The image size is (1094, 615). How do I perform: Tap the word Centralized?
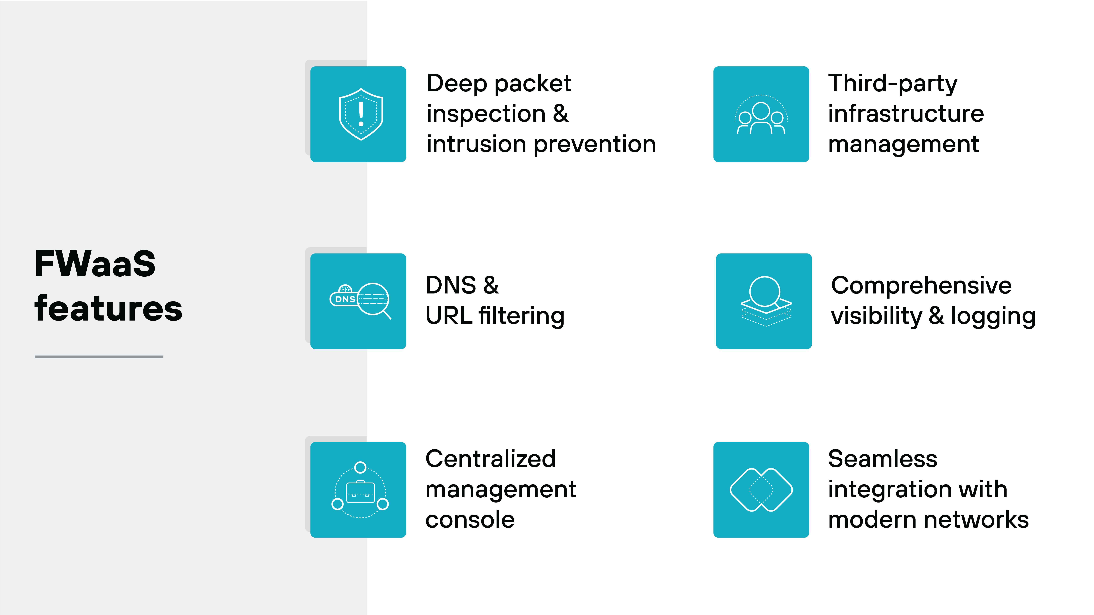pos(490,459)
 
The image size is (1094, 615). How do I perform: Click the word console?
pos(470,520)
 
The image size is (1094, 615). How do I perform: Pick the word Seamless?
pos(882,459)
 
